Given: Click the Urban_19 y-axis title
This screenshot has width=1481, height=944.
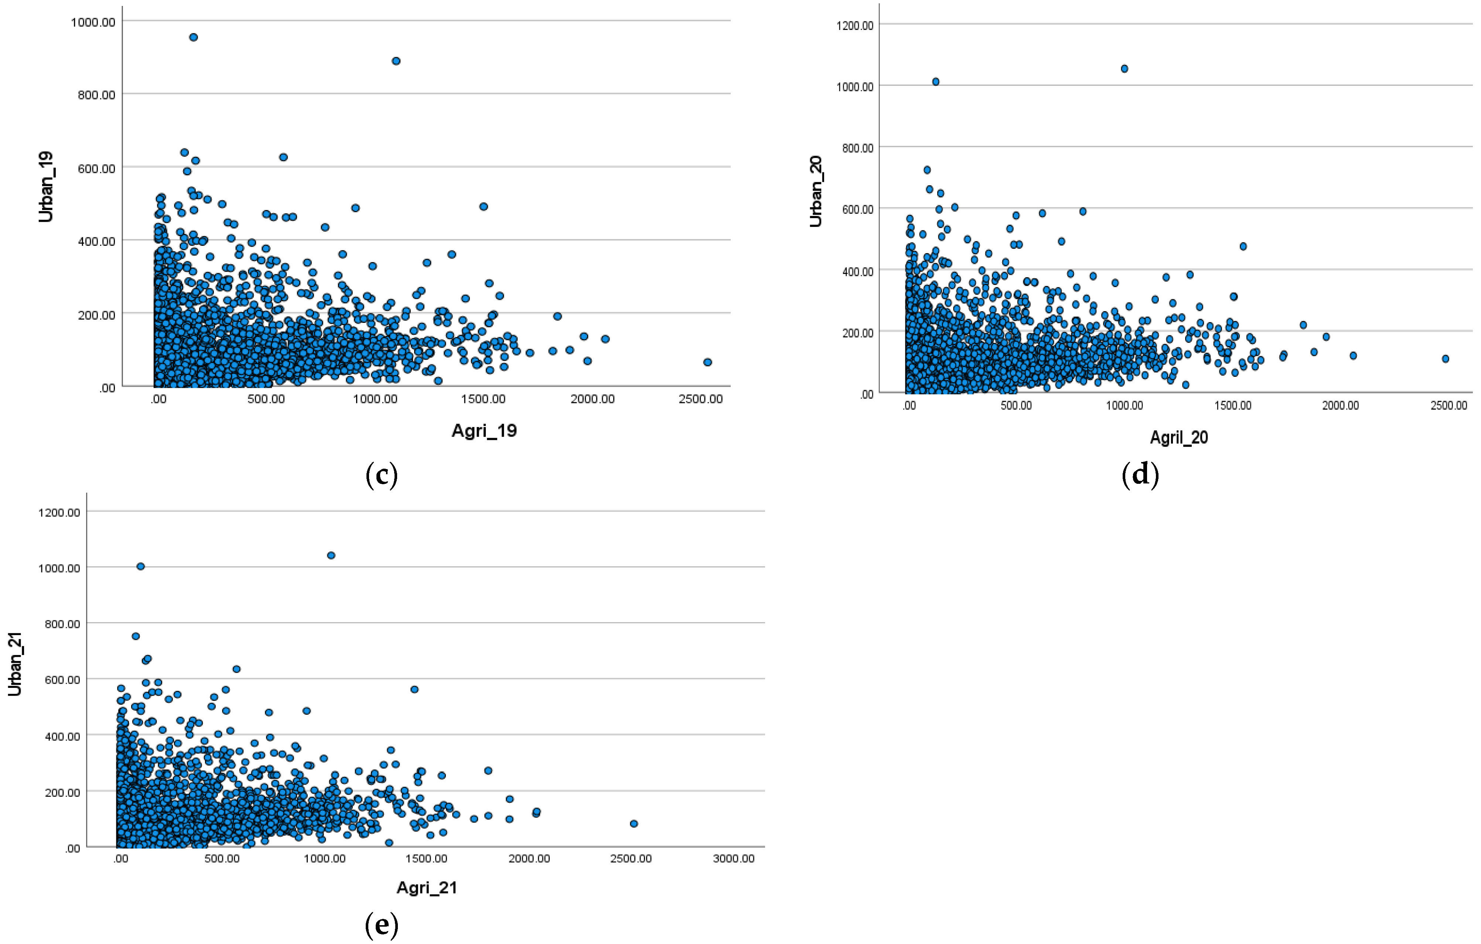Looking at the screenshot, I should point(46,186).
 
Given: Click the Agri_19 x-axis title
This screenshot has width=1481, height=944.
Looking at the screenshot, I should point(484,431).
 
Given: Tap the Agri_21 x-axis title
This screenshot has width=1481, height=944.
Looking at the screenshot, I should point(427,888).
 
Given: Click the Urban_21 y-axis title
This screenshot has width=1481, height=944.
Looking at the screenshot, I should point(15,664).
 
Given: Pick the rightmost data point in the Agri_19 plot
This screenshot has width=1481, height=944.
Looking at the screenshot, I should point(707,362).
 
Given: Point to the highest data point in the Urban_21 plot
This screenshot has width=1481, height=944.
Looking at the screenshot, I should point(331,555).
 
